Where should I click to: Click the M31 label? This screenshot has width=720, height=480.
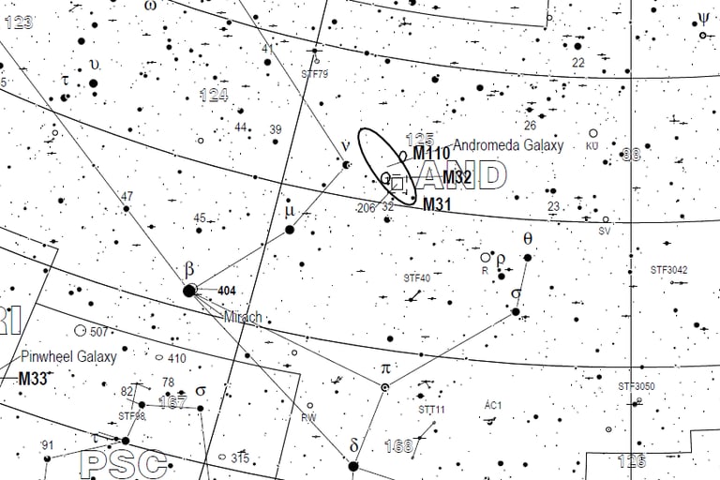439,204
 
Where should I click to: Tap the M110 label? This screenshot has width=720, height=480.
431,154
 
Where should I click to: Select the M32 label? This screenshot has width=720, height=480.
457,177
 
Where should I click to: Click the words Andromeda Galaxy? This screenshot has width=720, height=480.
508,145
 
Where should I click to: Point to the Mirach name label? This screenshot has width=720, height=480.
243,318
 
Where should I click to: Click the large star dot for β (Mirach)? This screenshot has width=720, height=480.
189,291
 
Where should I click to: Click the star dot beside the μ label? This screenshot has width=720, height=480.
290,230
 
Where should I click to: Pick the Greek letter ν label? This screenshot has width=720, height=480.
345,146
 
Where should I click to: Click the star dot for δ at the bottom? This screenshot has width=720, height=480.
353,466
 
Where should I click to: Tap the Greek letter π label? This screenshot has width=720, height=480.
384,367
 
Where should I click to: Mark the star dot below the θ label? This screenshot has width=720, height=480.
528,257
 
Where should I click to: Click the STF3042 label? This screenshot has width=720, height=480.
669,270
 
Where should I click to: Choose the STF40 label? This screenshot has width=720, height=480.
417,277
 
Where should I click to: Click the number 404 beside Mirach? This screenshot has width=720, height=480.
226,291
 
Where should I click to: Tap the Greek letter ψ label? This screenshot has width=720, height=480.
703,17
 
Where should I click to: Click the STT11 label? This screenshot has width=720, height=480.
432,410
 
